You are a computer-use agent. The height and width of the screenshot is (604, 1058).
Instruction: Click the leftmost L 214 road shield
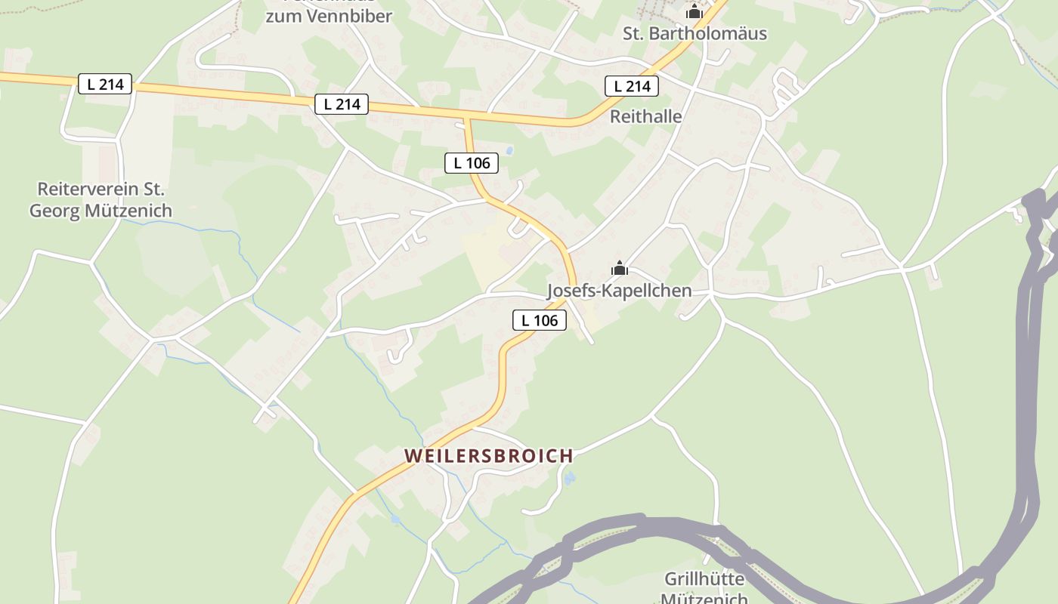105,84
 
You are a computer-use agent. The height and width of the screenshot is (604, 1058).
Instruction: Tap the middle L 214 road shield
342,104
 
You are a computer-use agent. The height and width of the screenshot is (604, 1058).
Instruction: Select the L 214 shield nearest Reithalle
632,86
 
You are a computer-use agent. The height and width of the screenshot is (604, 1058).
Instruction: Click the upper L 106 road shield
472,162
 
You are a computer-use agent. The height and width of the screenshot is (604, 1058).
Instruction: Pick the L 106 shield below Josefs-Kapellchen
540,320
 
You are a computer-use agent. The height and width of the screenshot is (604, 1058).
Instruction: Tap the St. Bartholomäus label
695,33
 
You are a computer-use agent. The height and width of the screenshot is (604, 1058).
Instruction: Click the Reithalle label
645,116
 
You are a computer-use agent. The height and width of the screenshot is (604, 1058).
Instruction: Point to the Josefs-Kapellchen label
619,291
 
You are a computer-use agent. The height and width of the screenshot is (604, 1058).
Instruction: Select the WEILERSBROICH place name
489,456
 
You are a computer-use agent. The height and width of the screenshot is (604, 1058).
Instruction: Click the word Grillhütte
704,579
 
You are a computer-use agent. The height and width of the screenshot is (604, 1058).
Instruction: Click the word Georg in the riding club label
55,211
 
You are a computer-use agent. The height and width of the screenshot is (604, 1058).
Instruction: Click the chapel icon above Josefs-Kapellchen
620,268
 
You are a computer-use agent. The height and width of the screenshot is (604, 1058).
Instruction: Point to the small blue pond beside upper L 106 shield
509,151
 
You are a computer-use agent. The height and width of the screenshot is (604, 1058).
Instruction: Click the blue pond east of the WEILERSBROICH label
569,478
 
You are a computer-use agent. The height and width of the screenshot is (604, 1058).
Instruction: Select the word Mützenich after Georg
128,211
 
